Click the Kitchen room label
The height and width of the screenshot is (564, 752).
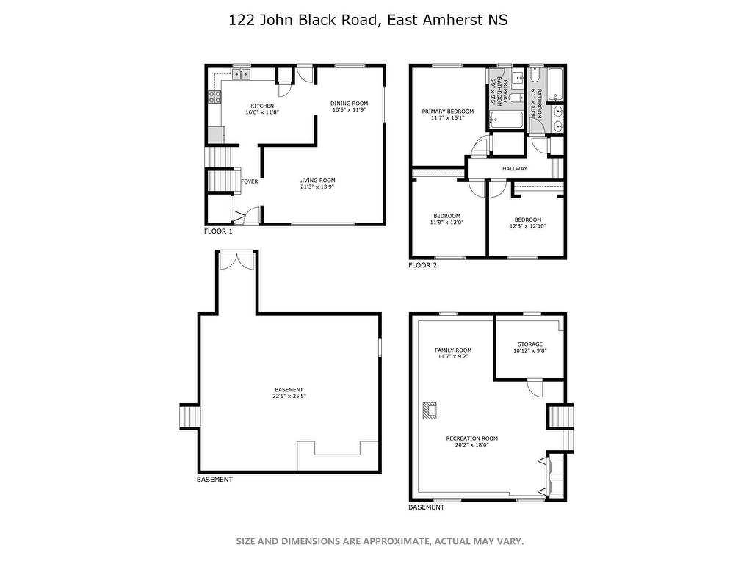[x=262, y=106]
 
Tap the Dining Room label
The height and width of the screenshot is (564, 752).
[x=349, y=103]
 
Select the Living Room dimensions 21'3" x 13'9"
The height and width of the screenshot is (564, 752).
[x=317, y=187]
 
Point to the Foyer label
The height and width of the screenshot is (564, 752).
[x=250, y=181]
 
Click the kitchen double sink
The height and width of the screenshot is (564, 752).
[x=242, y=74]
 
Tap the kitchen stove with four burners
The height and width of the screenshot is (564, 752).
[x=214, y=98]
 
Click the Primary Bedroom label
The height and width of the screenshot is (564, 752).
[x=448, y=112]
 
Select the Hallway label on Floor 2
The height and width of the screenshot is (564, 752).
[x=515, y=169]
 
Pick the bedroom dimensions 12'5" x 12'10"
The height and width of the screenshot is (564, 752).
[x=528, y=226]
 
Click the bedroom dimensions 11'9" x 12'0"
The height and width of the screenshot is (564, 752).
[x=446, y=223]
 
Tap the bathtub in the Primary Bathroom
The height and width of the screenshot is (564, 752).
[x=507, y=120]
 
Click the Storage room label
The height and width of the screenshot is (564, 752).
[x=530, y=344]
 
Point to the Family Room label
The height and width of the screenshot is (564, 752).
[x=453, y=350]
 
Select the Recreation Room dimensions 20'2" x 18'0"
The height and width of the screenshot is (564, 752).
[x=472, y=444]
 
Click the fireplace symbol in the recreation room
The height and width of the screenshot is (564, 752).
[x=430, y=411]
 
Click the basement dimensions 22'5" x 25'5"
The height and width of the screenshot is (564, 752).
[x=289, y=396]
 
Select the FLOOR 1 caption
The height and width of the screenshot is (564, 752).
[x=218, y=231]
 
